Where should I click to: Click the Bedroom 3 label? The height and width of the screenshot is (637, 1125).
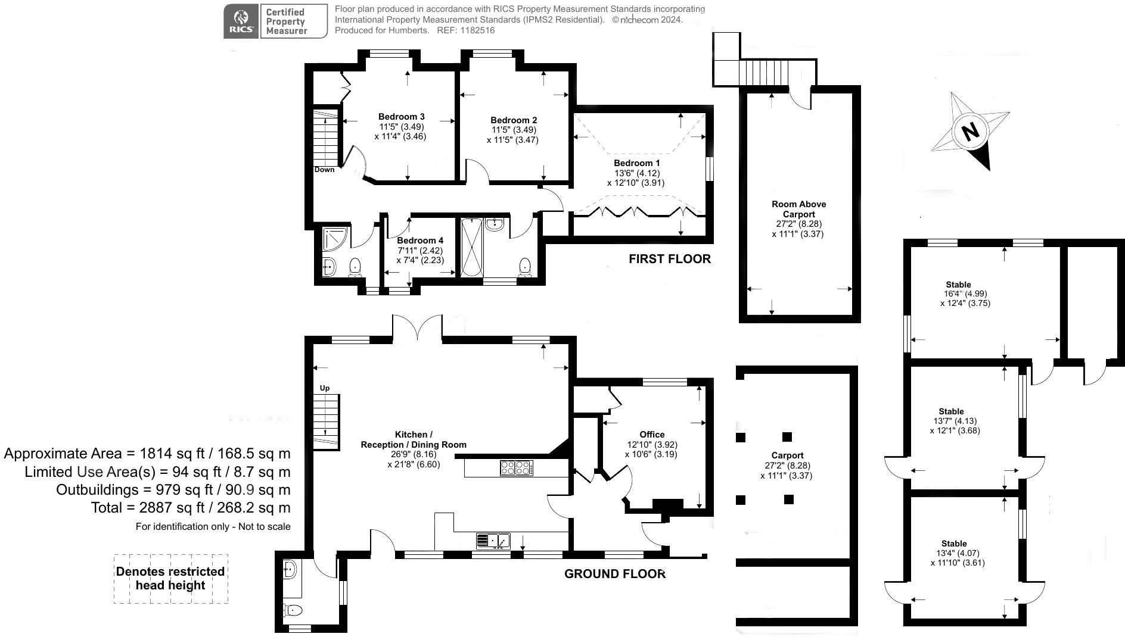click(x=401, y=117)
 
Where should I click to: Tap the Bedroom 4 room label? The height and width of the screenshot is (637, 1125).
click(x=420, y=241)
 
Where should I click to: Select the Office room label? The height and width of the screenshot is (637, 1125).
click(x=652, y=435)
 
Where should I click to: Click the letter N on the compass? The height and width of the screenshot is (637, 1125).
click(x=971, y=131)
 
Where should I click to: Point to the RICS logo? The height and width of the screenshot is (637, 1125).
click(x=241, y=21)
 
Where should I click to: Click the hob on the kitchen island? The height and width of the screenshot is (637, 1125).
click(x=516, y=468)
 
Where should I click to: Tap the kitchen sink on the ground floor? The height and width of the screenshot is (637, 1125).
click(x=493, y=541)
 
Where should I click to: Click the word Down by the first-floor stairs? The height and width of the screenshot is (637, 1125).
click(x=324, y=170)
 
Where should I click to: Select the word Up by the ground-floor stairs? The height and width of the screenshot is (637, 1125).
click(x=325, y=388)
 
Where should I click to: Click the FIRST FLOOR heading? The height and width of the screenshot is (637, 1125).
click(x=669, y=259)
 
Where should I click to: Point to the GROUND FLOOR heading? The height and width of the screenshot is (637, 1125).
click(x=614, y=574)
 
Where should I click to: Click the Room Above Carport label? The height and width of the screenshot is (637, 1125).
click(x=798, y=209)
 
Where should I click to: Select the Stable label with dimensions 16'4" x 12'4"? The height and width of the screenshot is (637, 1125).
click(x=958, y=285)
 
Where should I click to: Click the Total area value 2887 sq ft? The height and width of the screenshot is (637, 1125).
click(x=190, y=508)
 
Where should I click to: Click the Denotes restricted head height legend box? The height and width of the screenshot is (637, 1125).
click(x=170, y=578)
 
